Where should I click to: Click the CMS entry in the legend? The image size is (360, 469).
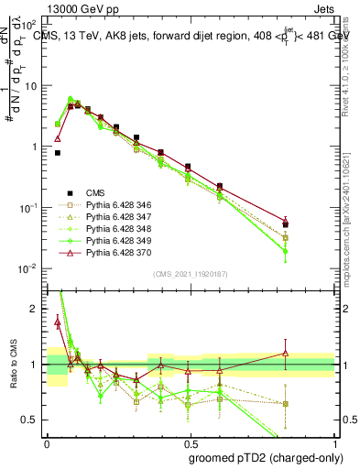(x=95, y=192)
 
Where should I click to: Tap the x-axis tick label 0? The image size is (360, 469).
(x=48, y=442)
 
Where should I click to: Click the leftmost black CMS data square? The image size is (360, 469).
(x=58, y=153)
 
